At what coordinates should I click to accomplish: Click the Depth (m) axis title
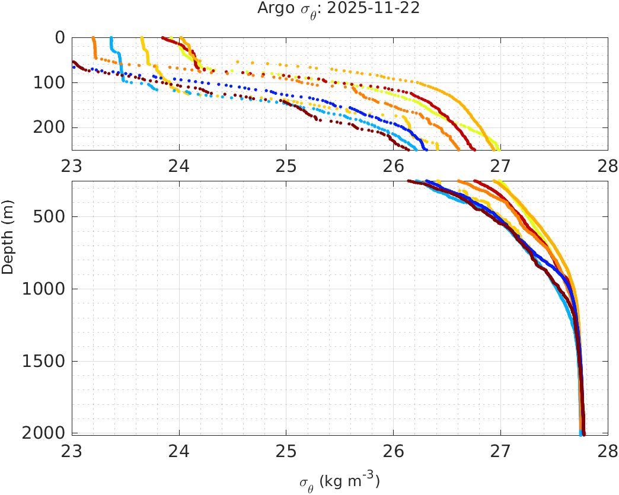[x=8, y=244]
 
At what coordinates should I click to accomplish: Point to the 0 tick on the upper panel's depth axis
[x=59, y=37]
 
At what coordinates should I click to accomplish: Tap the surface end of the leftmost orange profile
[x=94, y=38]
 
